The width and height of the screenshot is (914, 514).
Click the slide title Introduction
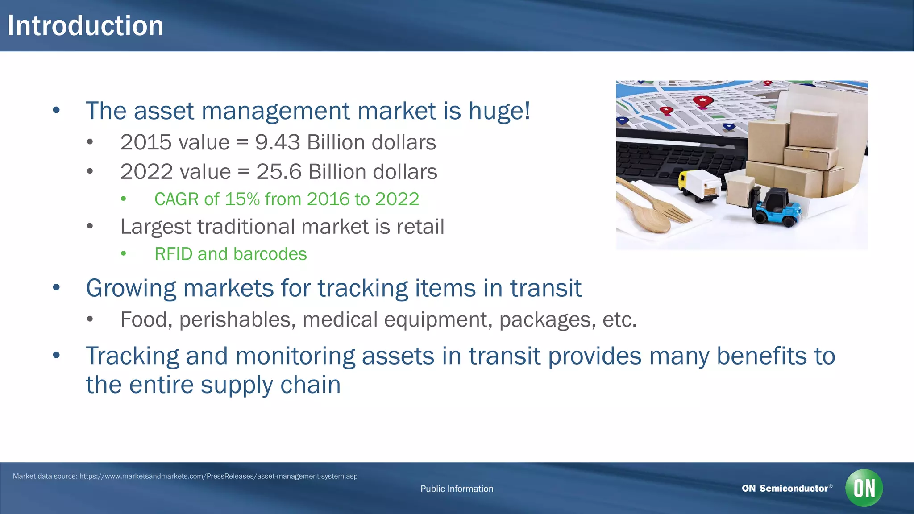(x=85, y=26)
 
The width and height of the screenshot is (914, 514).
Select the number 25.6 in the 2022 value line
(x=279, y=172)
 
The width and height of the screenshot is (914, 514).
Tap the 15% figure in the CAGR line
(x=242, y=199)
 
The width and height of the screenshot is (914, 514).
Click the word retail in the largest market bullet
(x=420, y=227)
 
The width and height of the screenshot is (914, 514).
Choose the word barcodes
(x=270, y=254)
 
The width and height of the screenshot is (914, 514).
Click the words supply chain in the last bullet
(x=270, y=385)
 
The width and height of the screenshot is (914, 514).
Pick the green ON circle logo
(x=864, y=488)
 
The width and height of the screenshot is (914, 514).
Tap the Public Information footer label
(x=457, y=489)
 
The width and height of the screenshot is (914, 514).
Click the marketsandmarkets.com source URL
(x=218, y=476)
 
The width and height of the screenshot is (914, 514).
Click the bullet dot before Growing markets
(x=56, y=288)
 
